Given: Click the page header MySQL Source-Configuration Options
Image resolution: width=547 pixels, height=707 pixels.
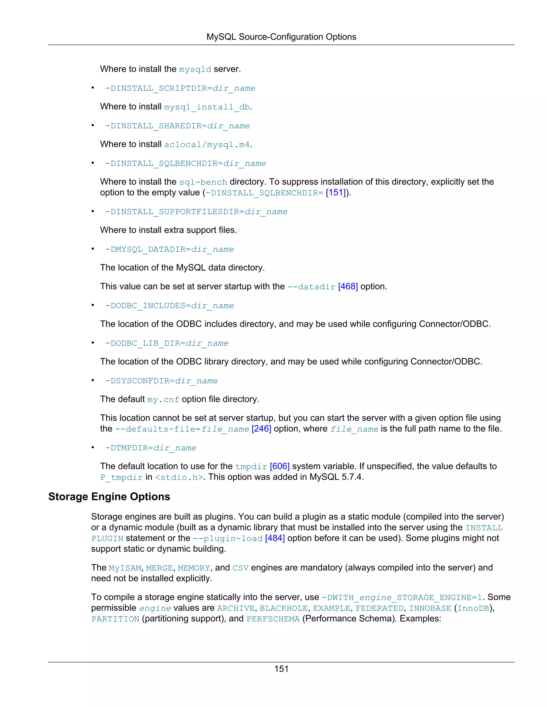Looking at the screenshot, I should pos(281,37).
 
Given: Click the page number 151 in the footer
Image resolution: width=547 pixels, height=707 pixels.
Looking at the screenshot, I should pos(281,669).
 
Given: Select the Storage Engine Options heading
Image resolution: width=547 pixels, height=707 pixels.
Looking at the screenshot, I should pos(109,497).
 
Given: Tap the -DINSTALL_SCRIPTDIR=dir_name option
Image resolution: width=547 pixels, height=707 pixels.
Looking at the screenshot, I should pos(180,88).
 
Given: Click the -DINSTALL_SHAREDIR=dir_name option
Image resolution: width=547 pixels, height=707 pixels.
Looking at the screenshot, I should pos(177,126).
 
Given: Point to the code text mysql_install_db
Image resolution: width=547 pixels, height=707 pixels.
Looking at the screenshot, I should pos(207,107).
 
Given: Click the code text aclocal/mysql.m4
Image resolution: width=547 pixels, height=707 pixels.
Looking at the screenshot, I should pos(207,145).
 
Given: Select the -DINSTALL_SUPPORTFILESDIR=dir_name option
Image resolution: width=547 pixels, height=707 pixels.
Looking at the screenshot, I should pos(196,212).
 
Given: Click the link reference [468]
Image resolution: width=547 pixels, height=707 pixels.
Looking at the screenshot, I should pos(348,287).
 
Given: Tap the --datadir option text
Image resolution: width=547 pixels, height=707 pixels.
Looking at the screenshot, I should pos(311,287).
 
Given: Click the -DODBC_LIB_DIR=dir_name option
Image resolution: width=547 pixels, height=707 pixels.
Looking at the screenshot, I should pos(167,343).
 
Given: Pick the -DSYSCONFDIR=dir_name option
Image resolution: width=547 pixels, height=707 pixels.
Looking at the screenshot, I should pos(161,381).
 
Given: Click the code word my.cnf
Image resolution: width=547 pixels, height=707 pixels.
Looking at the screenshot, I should pos(163,400).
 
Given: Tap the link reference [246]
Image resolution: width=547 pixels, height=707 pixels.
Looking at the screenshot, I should pos(261,429).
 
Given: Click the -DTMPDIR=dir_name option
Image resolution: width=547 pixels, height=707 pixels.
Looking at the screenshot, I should pos(150,448).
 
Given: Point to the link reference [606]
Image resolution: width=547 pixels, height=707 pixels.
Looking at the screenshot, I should pos(279,466).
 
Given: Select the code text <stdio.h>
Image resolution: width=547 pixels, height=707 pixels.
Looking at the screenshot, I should pos(179,478).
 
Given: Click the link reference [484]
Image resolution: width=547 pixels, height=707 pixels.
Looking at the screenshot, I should pos(275,538).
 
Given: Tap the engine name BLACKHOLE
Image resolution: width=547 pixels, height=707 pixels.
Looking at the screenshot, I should pos(284,609).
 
